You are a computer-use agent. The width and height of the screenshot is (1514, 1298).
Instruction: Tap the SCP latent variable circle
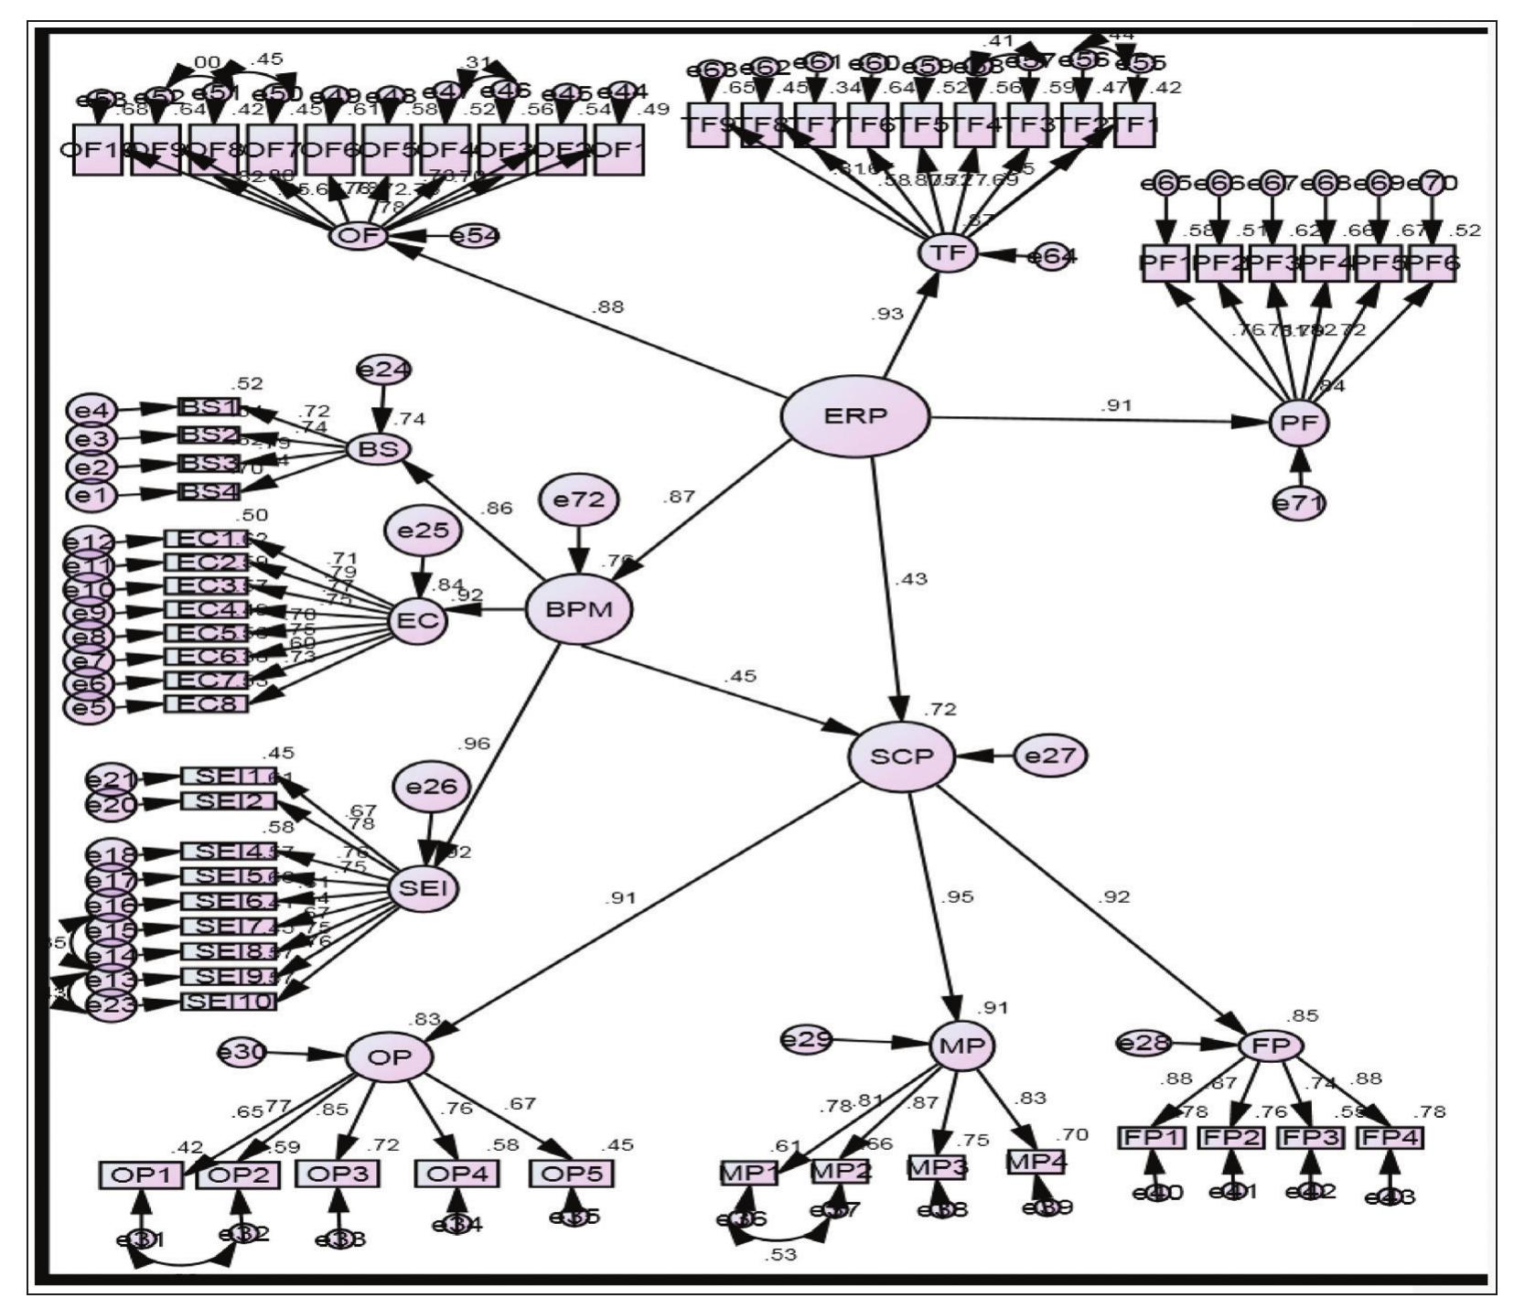pos(901,756)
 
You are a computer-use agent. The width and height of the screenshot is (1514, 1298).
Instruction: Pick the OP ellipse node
pos(389,1057)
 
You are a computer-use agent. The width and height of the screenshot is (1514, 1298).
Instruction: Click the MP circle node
pos(961,1046)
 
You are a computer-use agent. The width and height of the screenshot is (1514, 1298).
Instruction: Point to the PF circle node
pos(1298,423)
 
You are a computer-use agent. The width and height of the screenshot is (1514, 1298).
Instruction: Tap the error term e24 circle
pos(385,370)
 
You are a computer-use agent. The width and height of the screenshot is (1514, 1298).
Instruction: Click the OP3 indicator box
pos(338,1174)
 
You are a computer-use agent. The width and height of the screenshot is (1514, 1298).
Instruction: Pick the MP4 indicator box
pos(1036,1162)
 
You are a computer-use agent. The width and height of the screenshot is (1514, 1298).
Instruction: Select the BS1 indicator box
pos(209,408)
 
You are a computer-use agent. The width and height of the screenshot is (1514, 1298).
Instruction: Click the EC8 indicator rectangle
pos(205,704)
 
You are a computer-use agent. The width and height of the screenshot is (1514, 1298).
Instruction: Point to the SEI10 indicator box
pos(228,1001)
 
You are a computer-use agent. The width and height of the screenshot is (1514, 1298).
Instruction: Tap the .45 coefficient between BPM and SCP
pos(739,677)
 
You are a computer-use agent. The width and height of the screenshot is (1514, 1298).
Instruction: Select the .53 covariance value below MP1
pos(782,1255)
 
